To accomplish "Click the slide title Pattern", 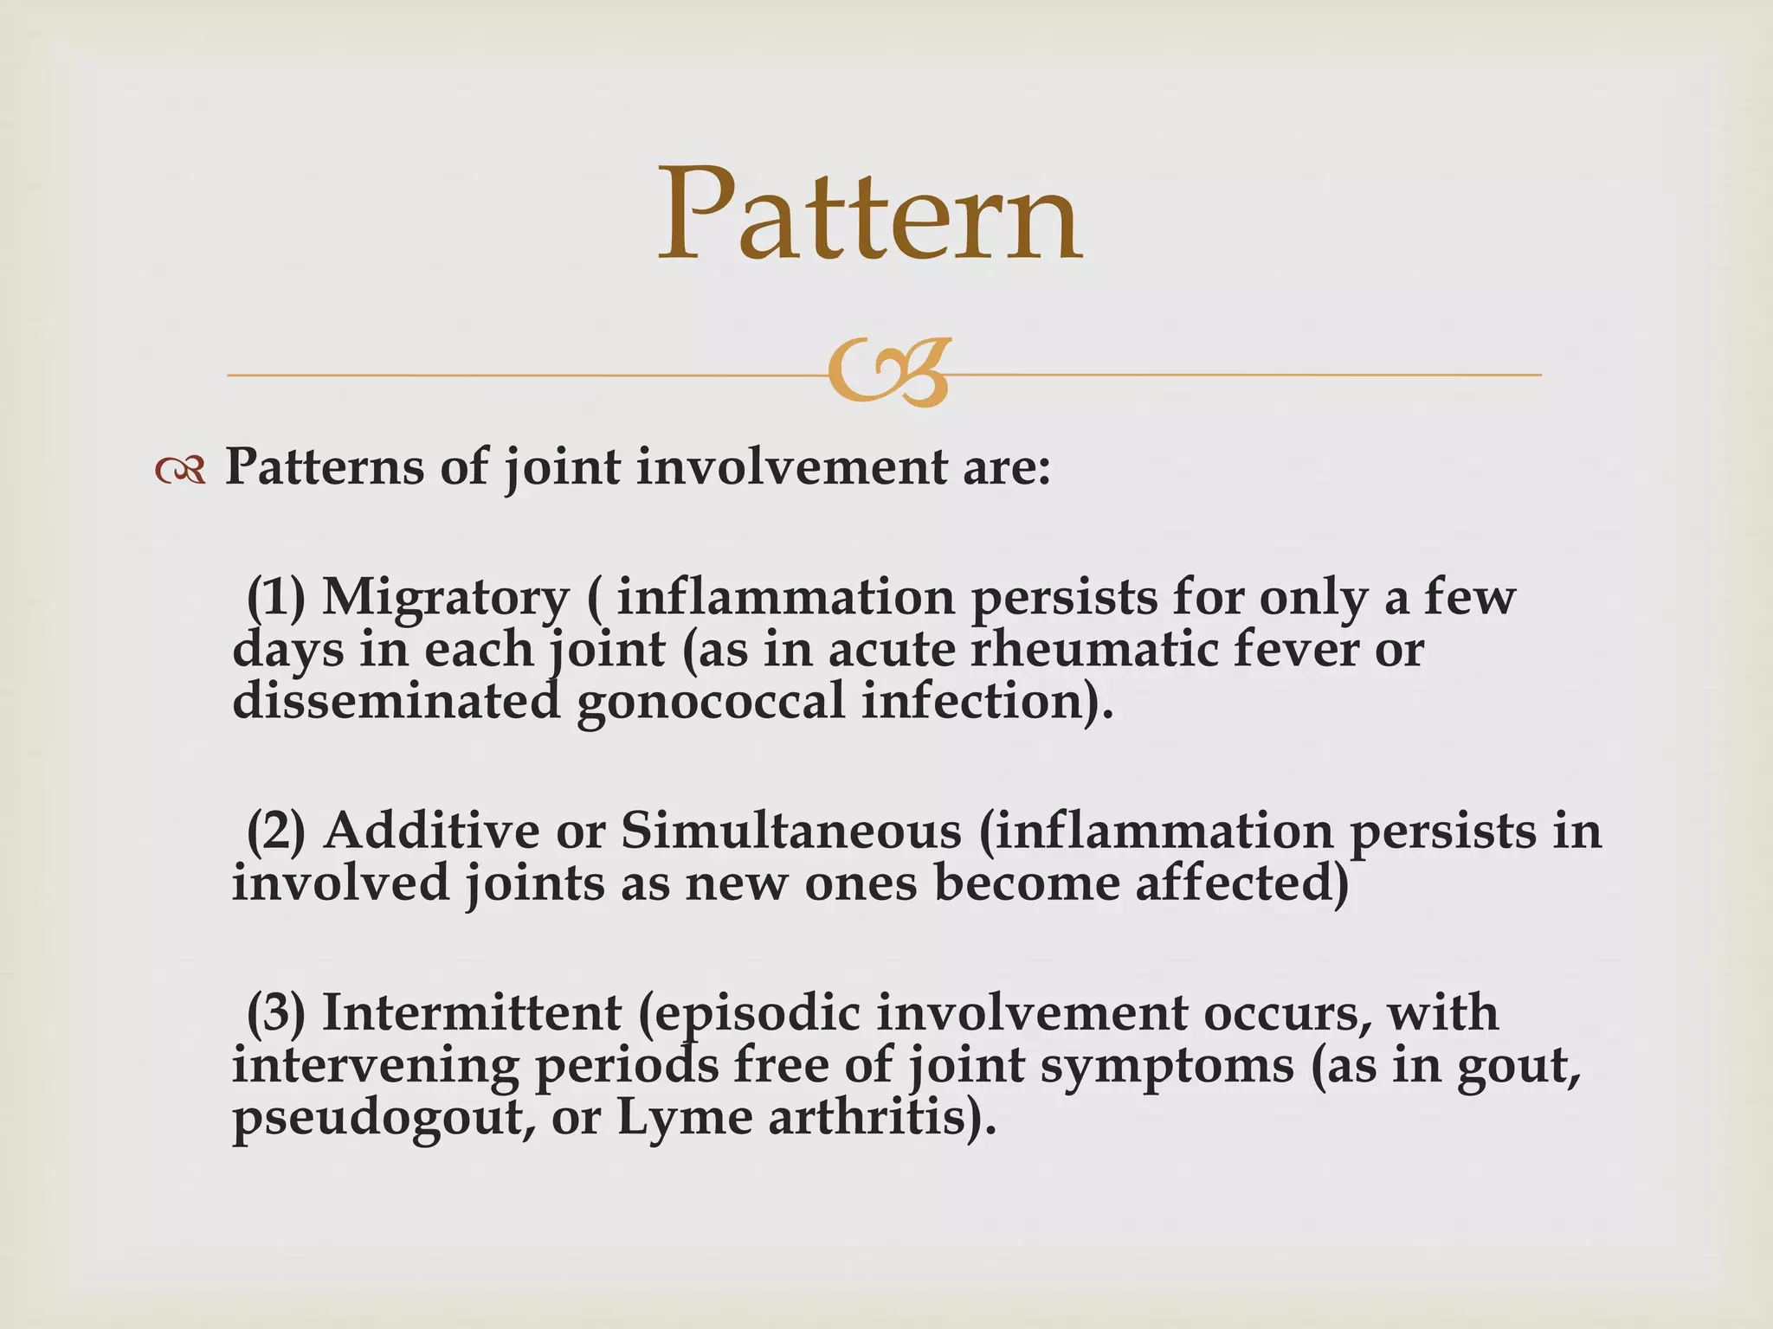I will click(869, 215).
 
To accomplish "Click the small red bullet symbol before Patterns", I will click(180, 471).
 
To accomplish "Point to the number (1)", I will click(276, 598).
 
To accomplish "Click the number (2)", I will click(276, 831).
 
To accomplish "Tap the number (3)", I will click(276, 1012).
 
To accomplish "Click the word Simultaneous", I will click(791, 831).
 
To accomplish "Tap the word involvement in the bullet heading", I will click(792, 468).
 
